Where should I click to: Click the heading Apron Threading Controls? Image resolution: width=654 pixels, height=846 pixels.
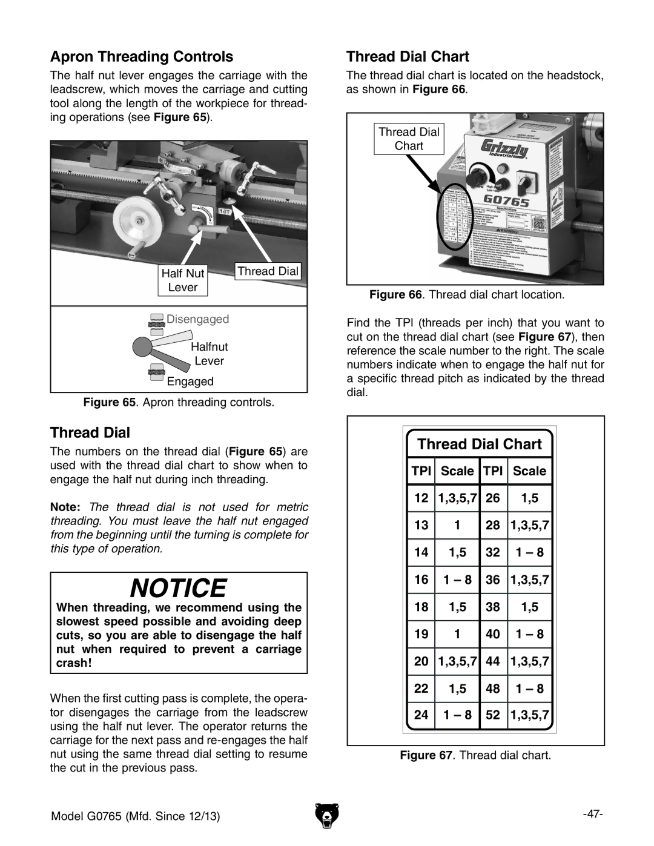(x=142, y=57)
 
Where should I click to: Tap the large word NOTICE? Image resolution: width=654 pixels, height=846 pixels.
(x=179, y=587)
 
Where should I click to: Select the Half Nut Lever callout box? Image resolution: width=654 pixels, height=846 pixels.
(x=183, y=280)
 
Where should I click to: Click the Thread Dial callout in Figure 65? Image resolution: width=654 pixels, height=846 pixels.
(x=268, y=271)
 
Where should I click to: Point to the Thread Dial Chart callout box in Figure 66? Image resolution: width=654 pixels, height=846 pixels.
(x=409, y=139)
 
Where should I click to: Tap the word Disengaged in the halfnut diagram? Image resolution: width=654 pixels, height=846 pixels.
(x=198, y=319)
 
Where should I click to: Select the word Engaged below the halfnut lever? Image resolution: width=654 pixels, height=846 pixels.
(x=190, y=382)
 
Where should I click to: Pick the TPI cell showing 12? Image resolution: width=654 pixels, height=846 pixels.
(x=421, y=498)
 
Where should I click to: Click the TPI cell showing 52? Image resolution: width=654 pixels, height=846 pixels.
(x=493, y=715)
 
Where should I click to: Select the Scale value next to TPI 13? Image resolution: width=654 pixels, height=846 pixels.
(x=457, y=526)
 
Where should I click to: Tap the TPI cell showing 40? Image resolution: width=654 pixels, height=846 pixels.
(x=493, y=634)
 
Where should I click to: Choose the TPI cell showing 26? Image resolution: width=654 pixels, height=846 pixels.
(x=493, y=498)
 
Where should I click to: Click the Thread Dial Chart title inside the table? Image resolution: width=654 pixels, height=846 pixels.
(x=480, y=444)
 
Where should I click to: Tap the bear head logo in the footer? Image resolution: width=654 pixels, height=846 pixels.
(x=328, y=815)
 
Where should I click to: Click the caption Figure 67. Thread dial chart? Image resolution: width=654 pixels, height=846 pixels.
(x=475, y=756)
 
